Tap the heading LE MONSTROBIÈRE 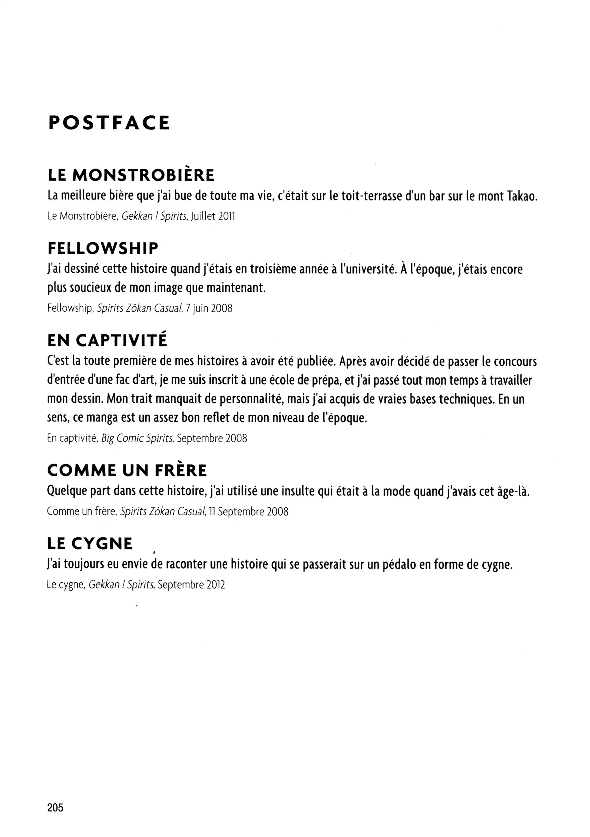tap(131, 175)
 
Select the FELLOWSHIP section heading tap(103, 249)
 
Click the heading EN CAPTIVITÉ tap(107, 341)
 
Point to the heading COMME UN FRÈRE tap(127, 470)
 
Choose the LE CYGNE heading tap(90, 544)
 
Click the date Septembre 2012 tap(191, 585)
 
